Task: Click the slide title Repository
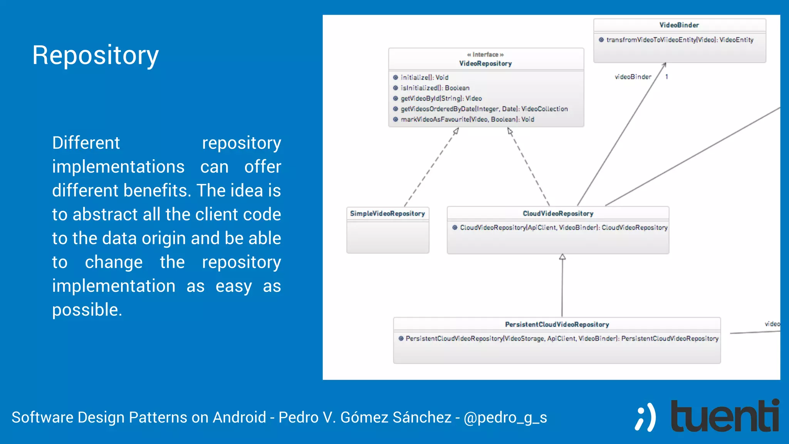coord(95,55)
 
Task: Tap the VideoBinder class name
coord(679,25)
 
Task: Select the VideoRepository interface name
coord(485,64)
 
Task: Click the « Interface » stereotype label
coord(485,55)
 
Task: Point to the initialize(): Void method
coord(424,77)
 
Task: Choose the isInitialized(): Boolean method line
coord(435,88)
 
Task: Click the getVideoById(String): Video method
coord(441,98)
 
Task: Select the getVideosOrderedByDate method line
coord(484,109)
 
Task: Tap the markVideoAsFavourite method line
coord(467,119)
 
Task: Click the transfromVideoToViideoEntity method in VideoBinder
coord(680,40)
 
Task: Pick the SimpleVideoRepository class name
coord(387,214)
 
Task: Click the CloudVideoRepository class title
coord(558,214)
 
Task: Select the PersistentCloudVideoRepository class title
coord(557,325)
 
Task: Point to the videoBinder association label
coord(633,77)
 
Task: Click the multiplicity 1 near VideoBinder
coord(666,77)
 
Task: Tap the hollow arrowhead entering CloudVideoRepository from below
coord(562,257)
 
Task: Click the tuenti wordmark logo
coord(724,416)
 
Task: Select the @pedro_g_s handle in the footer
coord(505,417)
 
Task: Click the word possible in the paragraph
coord(87,310)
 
